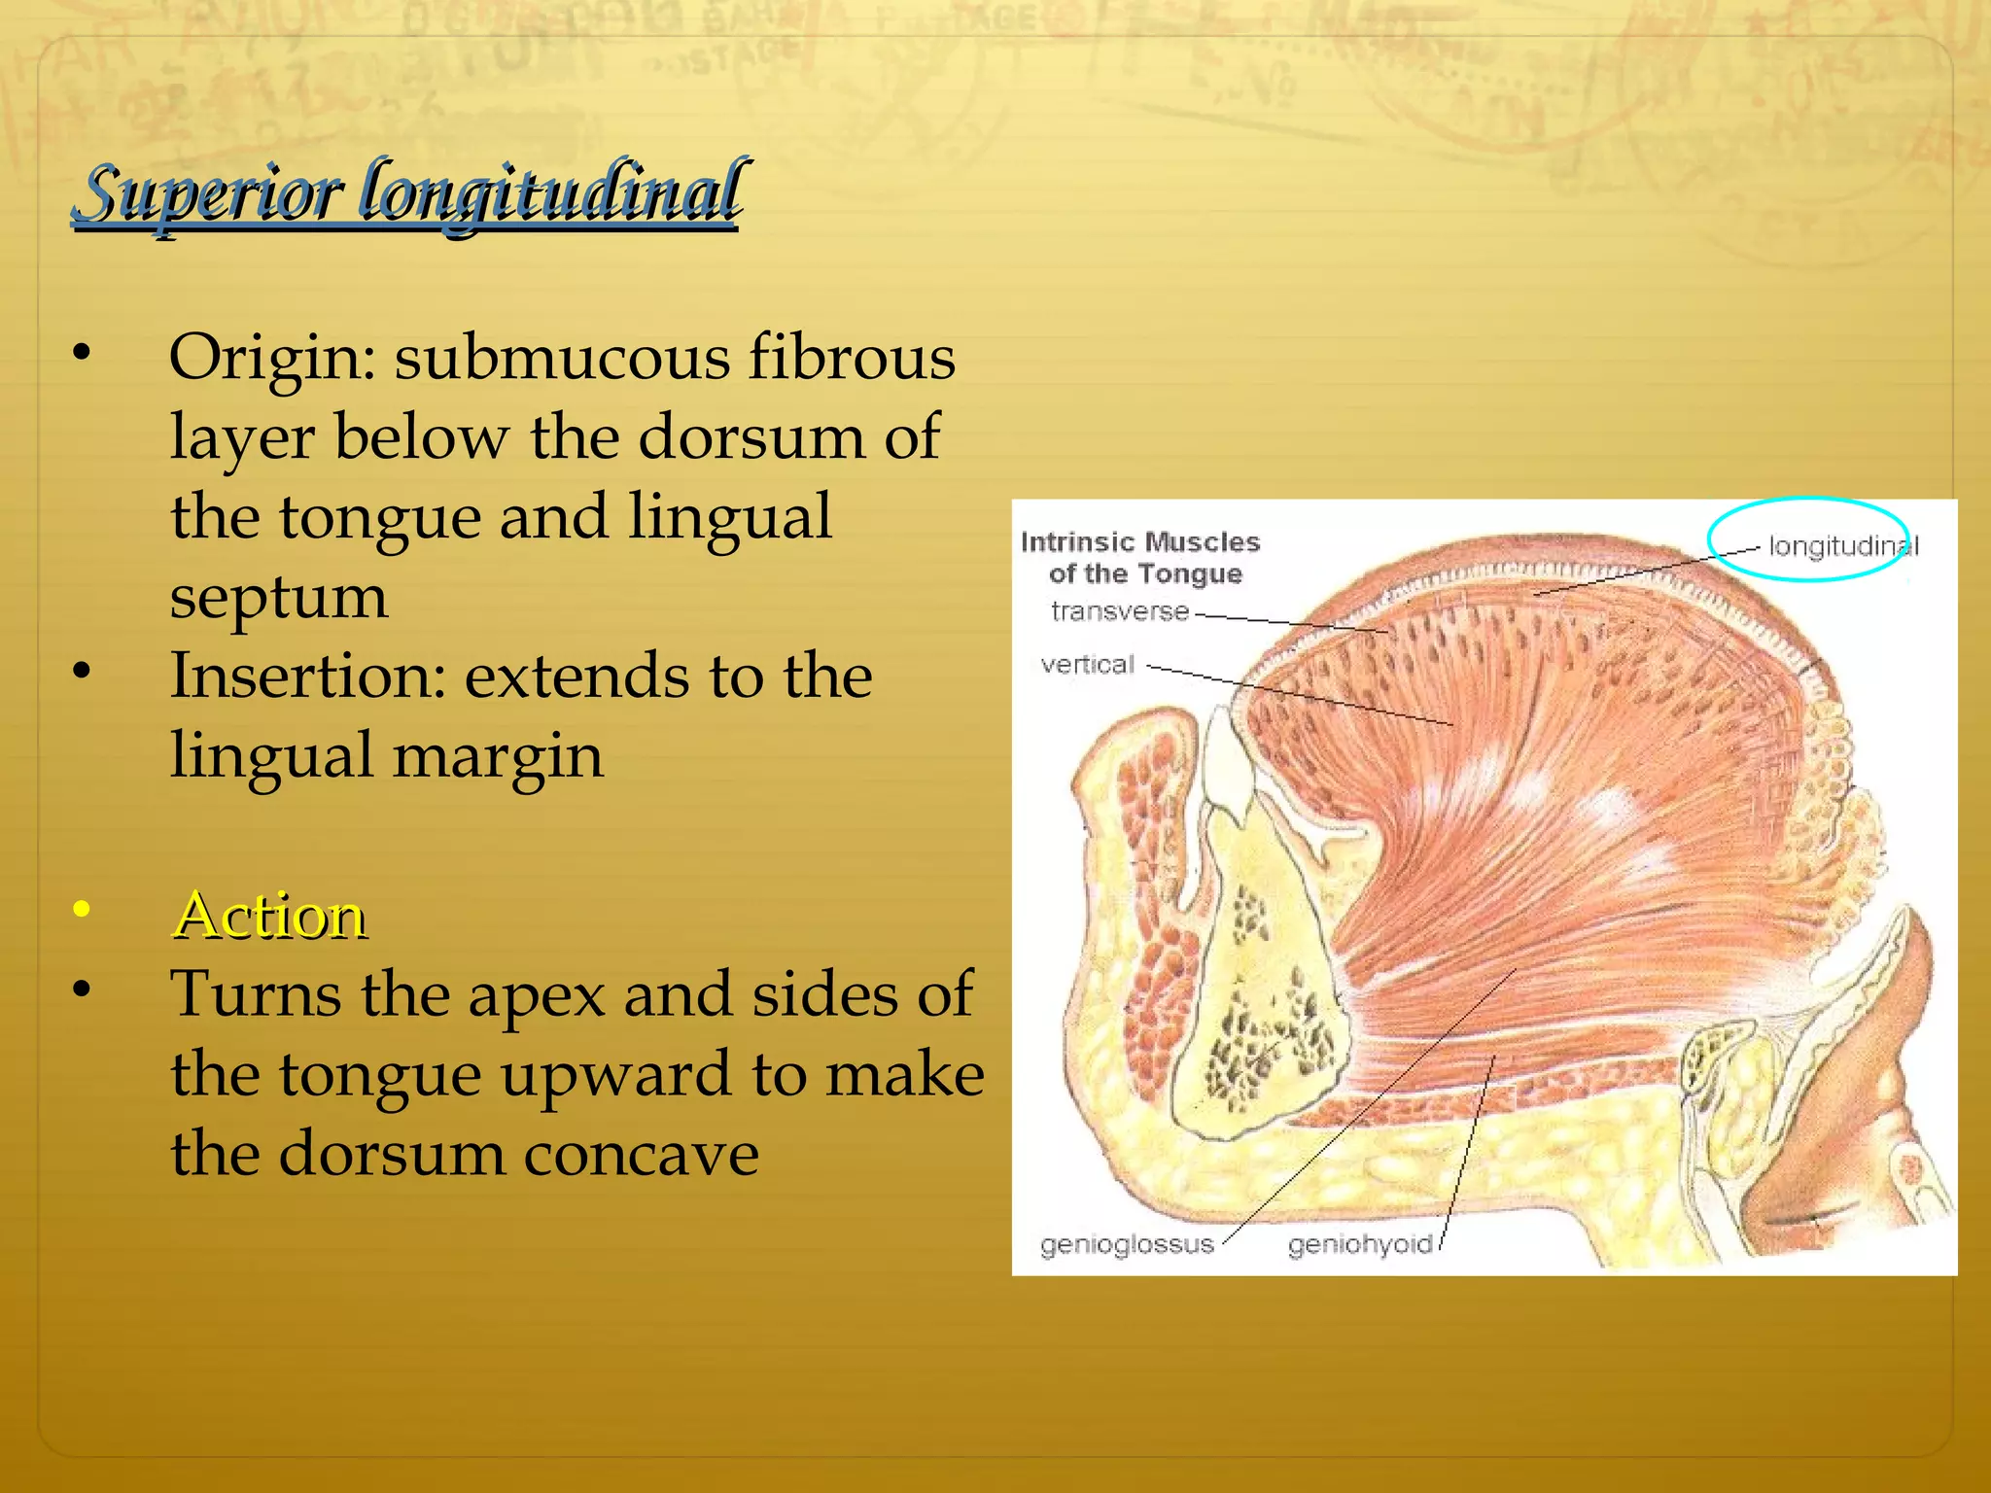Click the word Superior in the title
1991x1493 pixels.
point(208,192)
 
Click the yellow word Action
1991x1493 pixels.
point(269,916)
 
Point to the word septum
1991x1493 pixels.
point(279,598)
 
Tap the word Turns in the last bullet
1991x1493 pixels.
point(256,994)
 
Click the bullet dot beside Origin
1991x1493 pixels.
point(82,352)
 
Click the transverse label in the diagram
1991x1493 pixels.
point(1119,611)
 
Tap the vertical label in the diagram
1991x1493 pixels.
point(1087,665)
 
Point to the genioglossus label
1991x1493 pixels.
point(1127,1244)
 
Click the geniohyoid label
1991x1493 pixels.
point(1360,1244)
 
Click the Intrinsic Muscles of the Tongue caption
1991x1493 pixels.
point(1140,557)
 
